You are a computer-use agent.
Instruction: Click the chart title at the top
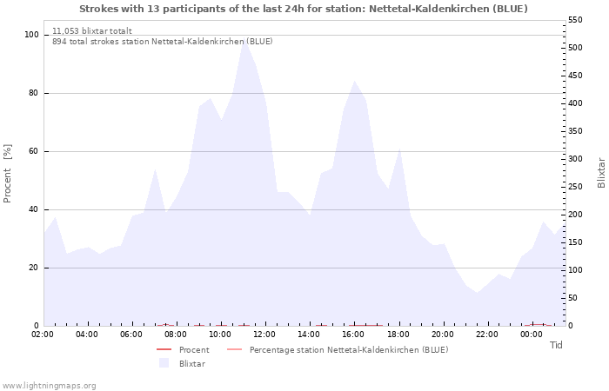pos(303,9)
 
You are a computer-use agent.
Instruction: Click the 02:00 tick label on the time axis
pos(43,334)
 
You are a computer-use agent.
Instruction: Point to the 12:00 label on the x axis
pos(264,334)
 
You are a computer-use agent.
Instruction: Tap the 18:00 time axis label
pos(398,334)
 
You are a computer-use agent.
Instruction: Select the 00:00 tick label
pos(532,334)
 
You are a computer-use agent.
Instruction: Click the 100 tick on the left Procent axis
pos(31,35)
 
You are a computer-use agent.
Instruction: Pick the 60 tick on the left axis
pos(34,151)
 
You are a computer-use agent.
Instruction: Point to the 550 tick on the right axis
pos(578,20)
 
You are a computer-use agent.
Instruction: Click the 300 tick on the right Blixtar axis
pos(578,159)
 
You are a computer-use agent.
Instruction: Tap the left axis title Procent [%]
pos(9,173)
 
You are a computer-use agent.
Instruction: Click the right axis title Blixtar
pos(600,172)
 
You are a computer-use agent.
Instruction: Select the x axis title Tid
pos(556,345)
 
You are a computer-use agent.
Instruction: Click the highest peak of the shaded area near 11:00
pos(244,42)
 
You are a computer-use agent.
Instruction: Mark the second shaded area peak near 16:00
pos(354,81)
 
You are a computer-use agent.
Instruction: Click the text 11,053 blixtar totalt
pos(92,30)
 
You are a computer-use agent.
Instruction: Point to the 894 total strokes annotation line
pos(162,41)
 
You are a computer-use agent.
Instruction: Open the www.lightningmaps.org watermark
pos(49,385)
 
